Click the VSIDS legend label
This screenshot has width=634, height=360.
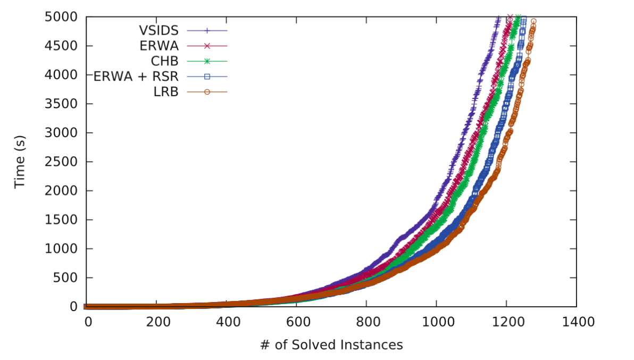(x=159, y=30)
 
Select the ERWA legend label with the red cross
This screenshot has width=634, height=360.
(x=159, y=46)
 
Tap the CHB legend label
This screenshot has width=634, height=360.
(x=164, y=61)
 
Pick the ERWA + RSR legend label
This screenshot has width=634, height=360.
(x=136, y=77)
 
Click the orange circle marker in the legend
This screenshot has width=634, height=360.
(x=207, y=92)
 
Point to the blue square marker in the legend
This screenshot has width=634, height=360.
(x=207, y=77)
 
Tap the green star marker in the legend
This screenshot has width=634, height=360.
(x=207, y=61)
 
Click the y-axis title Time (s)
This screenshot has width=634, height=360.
(x=20, y=162)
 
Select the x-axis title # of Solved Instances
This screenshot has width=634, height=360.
(x=331, y=345)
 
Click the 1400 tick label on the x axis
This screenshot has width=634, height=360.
(x=576, y=322)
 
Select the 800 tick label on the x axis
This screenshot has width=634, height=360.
(x=366, y=322)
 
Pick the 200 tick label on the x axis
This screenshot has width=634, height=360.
(x=156, y=322)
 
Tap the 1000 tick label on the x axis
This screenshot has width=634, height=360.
(x=436, y=322)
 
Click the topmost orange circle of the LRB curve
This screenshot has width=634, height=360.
(x=533, y=21)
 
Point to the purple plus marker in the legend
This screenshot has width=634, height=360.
(x=207, y=30)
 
